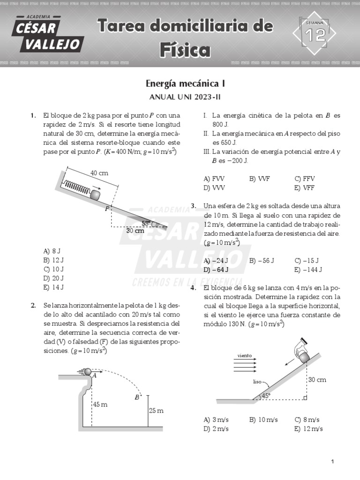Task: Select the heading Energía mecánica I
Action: pyautogui.click(x=185, y=84)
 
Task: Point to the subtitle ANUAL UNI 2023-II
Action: pyautogui.click(x=185, y=97)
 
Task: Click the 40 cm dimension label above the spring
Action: pyautogui.click(x=99, y=173)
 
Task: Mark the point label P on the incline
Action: pyautogui.click(x=107, y=209)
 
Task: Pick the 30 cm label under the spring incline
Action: pyautogui.click(x=135, y=231)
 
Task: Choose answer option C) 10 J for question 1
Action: pyautogui.click(x=53, y=269)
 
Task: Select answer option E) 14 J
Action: pyautogui.click(x=53, y=287)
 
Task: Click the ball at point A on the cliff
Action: pyautogui.click(x=88, y=372)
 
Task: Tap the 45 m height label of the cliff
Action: pyautogui.click(x=100, y=404)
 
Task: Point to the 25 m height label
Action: pyautogui.click(x=157, y=411)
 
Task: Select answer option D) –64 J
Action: pyautogui.click(x=216, y=270)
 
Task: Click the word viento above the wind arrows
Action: pyautogui.click(x=245, y=355)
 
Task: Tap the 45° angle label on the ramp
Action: pyautogui.click(x=266, y=396)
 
